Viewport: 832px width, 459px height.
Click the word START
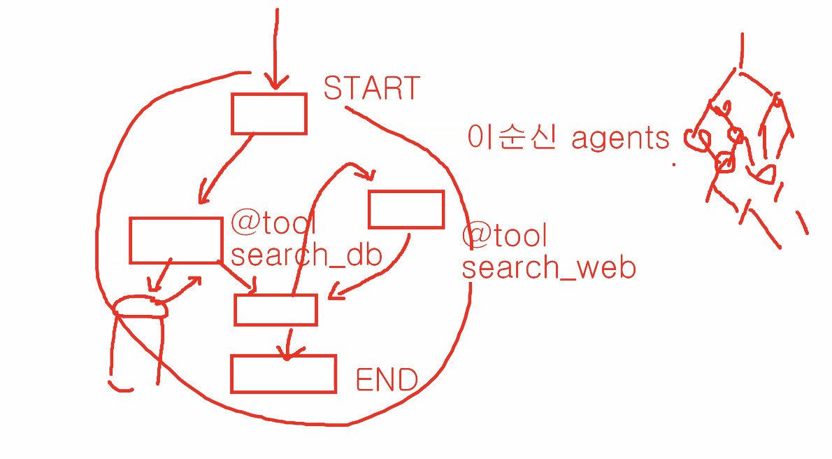click(371, 88)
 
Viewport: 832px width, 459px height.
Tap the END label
click(387, 379)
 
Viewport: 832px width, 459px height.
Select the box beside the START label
click(269, 113)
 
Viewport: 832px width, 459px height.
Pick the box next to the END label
click(283, 374)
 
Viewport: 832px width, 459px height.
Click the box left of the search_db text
click(176, 240)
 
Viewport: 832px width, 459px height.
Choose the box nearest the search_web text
click(406, 209)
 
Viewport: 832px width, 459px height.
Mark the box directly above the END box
click(275, 309)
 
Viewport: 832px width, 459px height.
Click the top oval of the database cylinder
click(141, 306)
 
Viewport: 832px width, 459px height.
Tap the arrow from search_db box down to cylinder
click(159, 276)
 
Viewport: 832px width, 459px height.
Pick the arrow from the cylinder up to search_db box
click(184, 288)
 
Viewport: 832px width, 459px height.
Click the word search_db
click(306, 255)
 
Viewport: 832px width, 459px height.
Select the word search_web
click(549, 267)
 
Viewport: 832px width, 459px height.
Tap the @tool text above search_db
click(273, 224)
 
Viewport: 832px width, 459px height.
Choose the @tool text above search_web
click(503, 236)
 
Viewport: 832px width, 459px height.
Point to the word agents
click(620, 139)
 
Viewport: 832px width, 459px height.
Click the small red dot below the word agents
click(674, 165)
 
